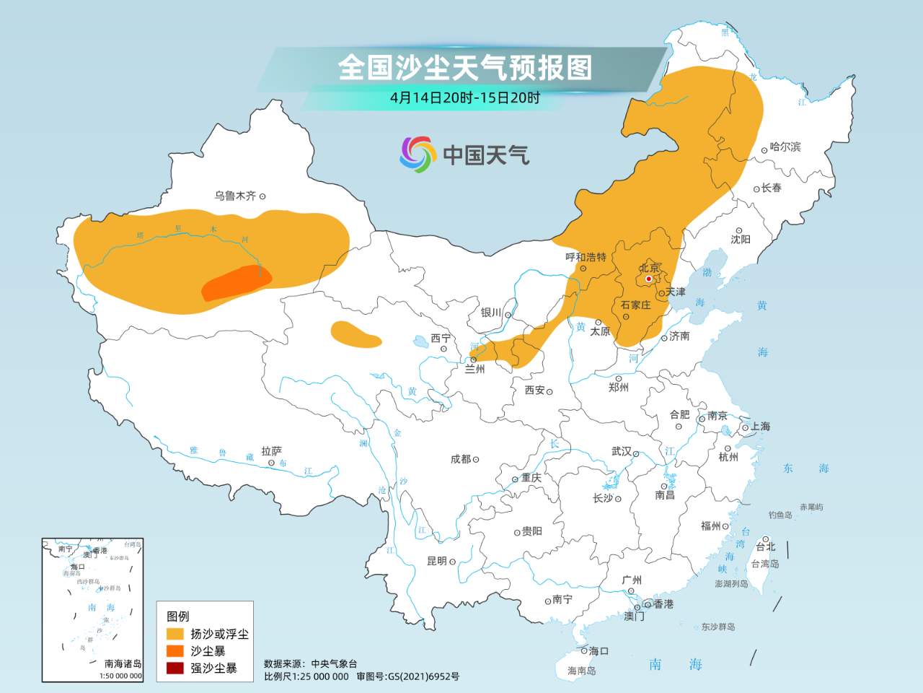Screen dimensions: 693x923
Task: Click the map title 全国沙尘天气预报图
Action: pyautogui.click(x=465, y=68)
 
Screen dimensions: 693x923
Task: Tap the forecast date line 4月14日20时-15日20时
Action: pyautogui.click(x=465, y=97)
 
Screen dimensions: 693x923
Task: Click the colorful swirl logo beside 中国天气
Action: pyautogui.click(x=418, y=154)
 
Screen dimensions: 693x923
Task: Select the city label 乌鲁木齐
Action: pyautogui.click(x=235, y=196)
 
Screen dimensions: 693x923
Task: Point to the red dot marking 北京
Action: pyautogui.click(x=648, y=279)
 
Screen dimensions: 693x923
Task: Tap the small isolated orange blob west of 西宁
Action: pyautogui.click(x=354, y=334)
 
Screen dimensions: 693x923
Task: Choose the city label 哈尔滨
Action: pyautogui.click(x=785, y=147)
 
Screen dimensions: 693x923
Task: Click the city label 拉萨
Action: pyautogui.click(x=271, y=451)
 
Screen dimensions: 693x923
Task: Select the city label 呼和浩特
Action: pyautogui.click(x=586, y=257)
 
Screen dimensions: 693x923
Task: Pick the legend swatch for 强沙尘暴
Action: pyautogui.click(x=175, y=668)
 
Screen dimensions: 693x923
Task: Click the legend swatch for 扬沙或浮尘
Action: pyautogui.click(x=175, y=634)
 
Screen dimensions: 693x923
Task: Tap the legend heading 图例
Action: pyautogui.click(x=178, y=616)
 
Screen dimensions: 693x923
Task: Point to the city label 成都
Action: pyautogui.click(x=461, y=459)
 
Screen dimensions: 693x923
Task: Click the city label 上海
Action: pyautogui.click(x=760, y=427)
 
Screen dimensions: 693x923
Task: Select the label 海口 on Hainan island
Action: pyautogui.click(x=599, y=650)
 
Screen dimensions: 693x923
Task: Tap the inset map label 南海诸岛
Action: pyautogui.click(x=123, y=663)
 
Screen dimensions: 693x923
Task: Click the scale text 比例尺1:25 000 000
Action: pyautogui.click(x=306, y=676)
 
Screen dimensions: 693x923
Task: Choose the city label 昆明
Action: pyautogui.click(x=437, y=561)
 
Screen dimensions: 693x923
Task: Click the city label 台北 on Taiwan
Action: pyautogui.click(x=766, y=547)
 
